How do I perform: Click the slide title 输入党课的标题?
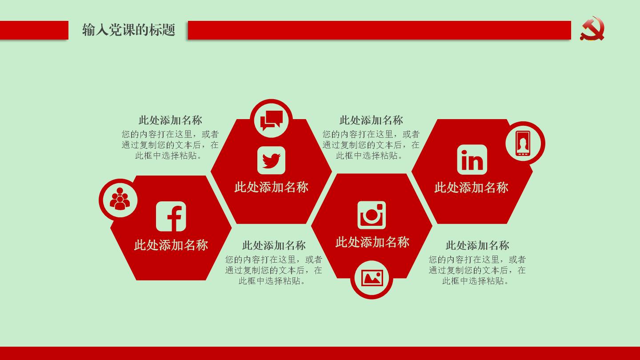(x=128, y=30)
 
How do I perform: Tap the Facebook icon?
(x=171, y=216)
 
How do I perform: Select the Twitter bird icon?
(x=271, y=160)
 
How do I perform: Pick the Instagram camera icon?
(x=372, y=215)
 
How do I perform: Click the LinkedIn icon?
(x=472, y=160)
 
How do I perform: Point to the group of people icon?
(x=120, y=199)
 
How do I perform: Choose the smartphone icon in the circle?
(x=523, y=144)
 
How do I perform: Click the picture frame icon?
(x=372, y=278)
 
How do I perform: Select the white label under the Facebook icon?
(x=171, y=245)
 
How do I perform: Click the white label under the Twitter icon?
(x=272, y=188)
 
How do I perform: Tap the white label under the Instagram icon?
(x=372, y=242)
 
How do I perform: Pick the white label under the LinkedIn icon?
(x=472, y=188)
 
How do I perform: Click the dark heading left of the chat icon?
(x=170, y=120)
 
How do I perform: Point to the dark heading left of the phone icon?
(x=371, y=120)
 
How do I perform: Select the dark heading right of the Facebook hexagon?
(x=274, y=245)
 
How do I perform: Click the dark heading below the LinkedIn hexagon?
(x=477, y=245)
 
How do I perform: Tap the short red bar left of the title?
(x=34, y=30)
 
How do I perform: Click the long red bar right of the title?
(x=380, y=30)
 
